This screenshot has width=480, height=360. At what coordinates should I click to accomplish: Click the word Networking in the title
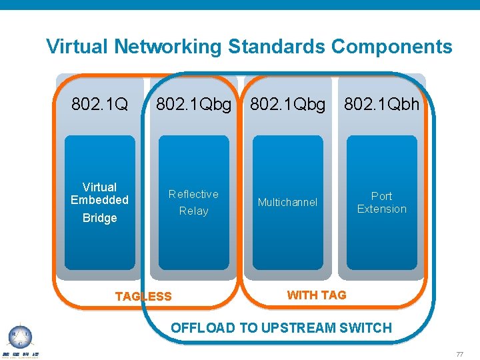pyautogui.click(x=168, y=47)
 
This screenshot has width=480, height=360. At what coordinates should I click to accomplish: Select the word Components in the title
pyautogui.click(x=391, y=47)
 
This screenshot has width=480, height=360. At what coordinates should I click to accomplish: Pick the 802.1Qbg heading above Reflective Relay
pyautogui.click(x=193, y=105)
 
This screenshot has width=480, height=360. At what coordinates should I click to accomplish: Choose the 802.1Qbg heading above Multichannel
pyautogui.click(x=287, y=105)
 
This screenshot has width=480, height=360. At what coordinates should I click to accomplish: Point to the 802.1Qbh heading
pyautogui.click(x=381, y=105)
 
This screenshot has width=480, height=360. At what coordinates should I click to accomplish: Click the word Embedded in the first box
pyautogui.click(x=99, y=200)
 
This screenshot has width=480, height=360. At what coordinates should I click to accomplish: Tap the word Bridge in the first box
pyautogui.click(x=99, y=218)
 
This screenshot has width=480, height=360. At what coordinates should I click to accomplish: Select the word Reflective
pyautogui.click(x=193, y=194)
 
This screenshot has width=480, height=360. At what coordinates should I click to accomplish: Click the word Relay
pyautogui.click(x=193, y=211)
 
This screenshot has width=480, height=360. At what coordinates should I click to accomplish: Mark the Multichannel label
pyautogui.click(x=287, y=202)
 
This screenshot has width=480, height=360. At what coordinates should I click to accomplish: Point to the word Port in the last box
pyautogui.click(x=381, y=196)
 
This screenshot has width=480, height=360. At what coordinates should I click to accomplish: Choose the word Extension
pyautogui.click(x=381, y=209)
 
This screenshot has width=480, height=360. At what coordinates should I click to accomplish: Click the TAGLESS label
pyautogui.click(x=143, y=297)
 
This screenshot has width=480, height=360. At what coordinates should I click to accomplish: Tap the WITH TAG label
pyautogui.click(x=316, y=295)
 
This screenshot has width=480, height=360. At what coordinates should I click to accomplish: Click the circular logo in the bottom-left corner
pyautogui.click(x=19, y=337)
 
